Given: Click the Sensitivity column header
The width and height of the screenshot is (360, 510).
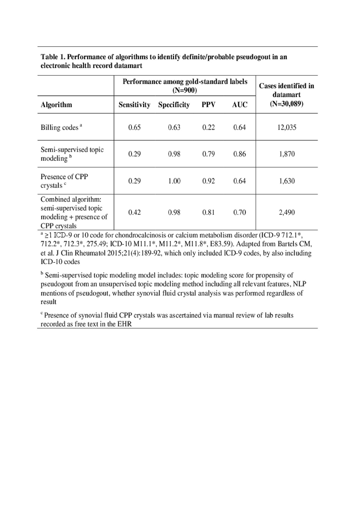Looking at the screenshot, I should [134, 105].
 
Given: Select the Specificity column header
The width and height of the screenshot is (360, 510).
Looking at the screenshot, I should [174, 105].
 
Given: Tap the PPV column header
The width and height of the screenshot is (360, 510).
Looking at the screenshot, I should [208, 105].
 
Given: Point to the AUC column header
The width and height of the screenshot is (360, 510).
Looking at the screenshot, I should [240, 105].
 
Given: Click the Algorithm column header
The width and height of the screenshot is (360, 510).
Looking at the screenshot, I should [56, 105].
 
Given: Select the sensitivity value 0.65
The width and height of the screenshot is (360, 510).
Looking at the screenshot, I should [134, 127].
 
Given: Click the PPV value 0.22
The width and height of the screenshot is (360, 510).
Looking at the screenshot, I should [208, 127].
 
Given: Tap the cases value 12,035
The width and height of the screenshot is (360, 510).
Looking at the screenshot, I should [287, 127].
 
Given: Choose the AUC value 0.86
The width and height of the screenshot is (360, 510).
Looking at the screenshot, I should [240, 154].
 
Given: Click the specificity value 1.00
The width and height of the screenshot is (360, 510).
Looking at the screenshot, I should [174, 181].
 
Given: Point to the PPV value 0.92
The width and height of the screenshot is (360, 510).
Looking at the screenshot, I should [208, 181].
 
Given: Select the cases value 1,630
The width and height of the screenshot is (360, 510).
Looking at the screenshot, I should [287, 181].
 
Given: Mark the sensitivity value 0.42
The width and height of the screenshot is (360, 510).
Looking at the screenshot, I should [134, 212].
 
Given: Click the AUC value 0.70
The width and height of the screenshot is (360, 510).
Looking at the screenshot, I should [240, 212].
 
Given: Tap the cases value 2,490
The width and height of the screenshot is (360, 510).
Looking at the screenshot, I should [287, 212].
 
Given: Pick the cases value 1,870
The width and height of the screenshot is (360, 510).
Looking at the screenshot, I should [287, 154].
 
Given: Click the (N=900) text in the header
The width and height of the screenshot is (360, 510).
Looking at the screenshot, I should [184, 91].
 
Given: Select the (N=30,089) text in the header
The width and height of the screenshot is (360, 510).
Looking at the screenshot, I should [287, 104].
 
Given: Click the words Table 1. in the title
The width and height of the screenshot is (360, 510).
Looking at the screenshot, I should [53, 57].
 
